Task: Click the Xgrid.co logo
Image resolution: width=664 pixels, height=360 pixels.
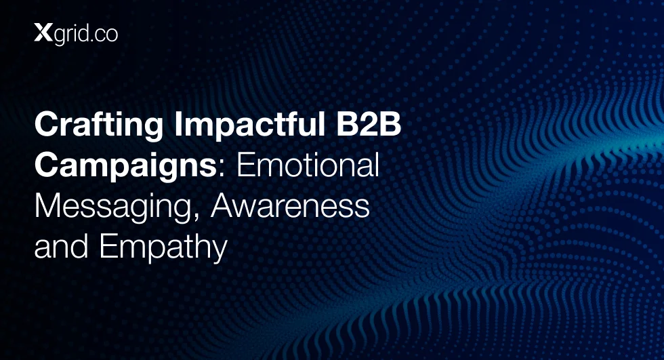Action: point(76,35)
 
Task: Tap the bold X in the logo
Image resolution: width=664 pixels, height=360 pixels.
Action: point(43,33)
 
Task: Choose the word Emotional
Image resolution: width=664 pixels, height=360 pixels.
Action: point(308,165)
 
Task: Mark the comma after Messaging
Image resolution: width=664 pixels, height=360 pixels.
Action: point(196,216)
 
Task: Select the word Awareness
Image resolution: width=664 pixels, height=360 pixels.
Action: point(290,205)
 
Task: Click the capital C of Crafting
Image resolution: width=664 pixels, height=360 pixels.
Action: point(47,123)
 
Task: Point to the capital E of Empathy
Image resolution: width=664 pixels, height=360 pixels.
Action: point(108,246)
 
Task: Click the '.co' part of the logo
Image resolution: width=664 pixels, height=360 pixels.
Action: point(104,35)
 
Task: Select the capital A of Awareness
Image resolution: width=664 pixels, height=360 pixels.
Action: point(222,206)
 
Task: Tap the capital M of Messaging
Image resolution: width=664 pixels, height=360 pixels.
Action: point(47,206)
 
